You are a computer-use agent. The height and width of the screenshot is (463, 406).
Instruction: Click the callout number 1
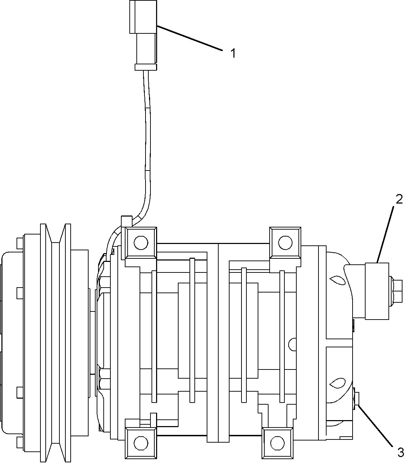233,53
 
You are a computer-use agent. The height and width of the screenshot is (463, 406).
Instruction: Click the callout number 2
399,199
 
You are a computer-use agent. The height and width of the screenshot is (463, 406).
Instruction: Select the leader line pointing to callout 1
190,38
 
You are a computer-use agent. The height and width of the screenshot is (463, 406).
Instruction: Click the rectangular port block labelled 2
377,291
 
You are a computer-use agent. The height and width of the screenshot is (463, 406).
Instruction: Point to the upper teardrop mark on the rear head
337,280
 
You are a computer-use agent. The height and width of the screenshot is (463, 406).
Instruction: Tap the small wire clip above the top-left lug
126,221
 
